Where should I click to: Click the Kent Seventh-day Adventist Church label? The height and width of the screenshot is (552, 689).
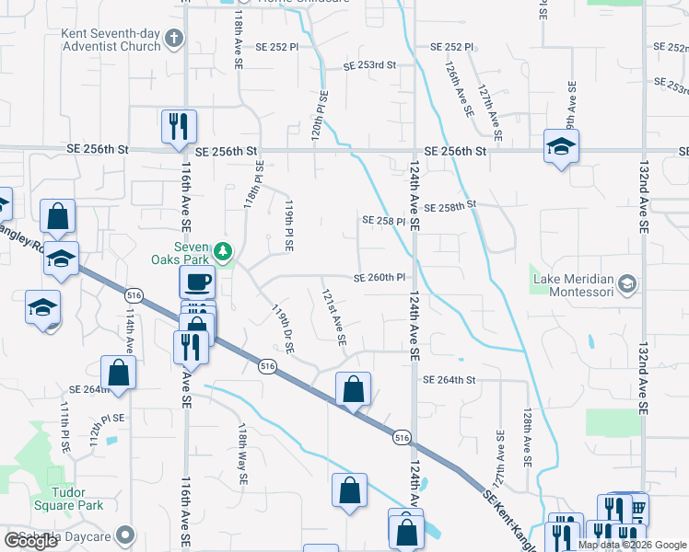110,40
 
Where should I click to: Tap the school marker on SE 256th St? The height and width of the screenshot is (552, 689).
560,147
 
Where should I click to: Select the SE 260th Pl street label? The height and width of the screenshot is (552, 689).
380,278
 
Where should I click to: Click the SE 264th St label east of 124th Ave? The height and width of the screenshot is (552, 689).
449,380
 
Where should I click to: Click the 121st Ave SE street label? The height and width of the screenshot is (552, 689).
333,317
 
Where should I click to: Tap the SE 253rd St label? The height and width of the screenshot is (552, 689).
368,65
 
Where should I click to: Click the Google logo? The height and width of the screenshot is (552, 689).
30,541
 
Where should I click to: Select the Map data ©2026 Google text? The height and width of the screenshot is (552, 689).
632,545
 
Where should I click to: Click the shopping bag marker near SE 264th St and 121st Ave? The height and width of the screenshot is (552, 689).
353,390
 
